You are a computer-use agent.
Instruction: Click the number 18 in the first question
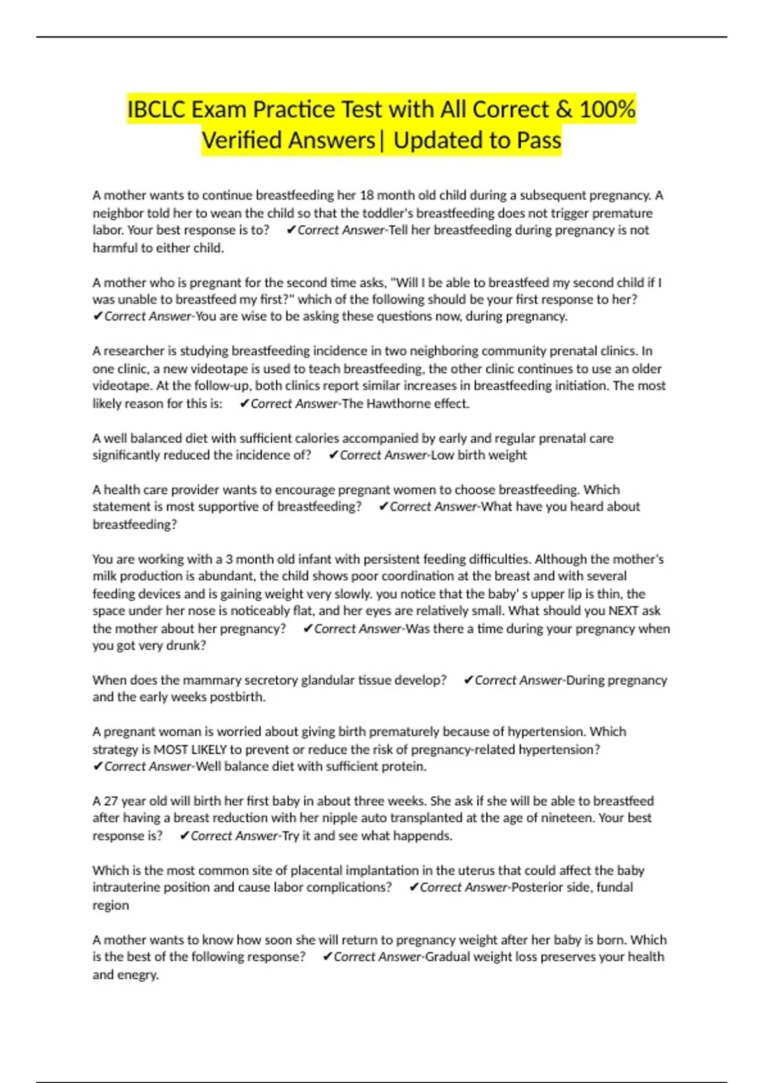367,196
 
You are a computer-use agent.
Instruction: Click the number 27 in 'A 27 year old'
111,801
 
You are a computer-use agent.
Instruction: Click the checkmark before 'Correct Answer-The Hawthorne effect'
243,403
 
